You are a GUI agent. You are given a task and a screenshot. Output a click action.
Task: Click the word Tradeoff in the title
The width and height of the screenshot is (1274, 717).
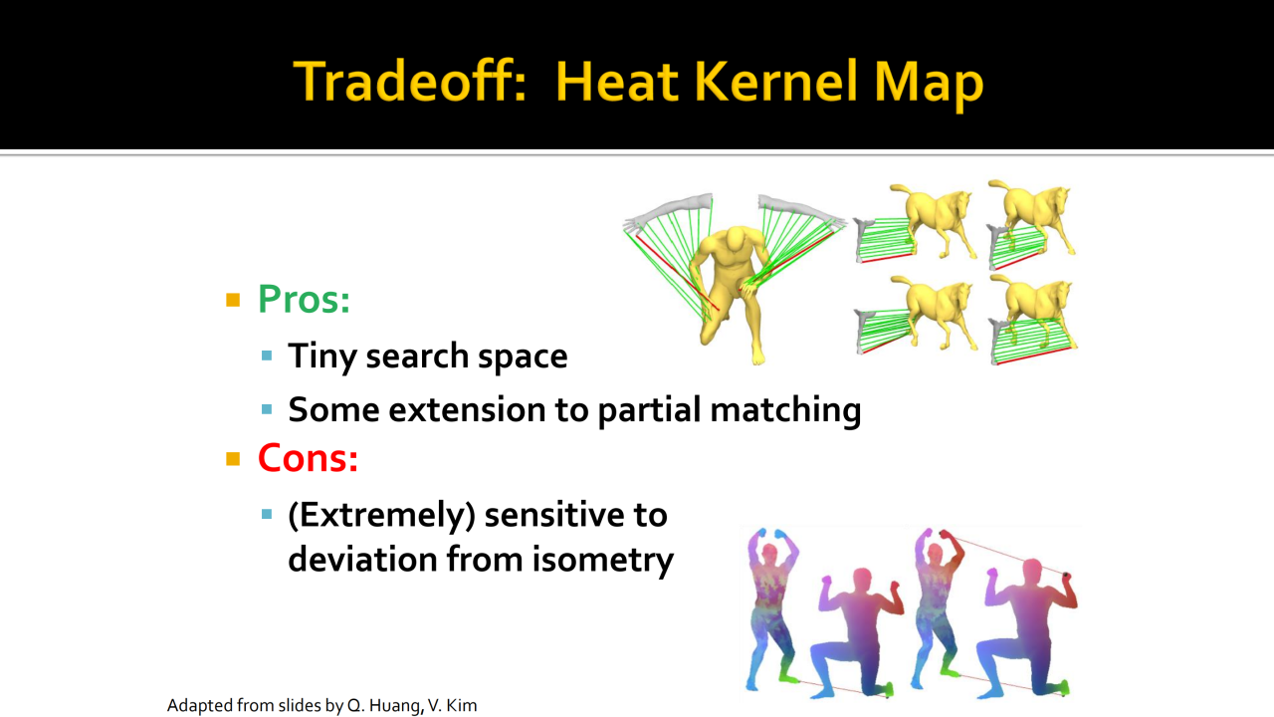[x=410, y=82]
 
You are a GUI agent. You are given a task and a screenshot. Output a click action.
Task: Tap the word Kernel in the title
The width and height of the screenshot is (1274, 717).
[x=775, y=82]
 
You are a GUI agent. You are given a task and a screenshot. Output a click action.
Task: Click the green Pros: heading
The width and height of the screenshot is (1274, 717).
[x=304, y=299]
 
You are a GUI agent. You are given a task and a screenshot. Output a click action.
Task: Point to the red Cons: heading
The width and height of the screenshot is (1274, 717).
[x=308, y=458]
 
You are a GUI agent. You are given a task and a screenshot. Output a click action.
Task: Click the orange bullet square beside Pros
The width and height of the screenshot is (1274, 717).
[x=233, y=300]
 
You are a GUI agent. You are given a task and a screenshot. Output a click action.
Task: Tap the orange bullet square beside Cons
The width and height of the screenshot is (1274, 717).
[x=233, y=459]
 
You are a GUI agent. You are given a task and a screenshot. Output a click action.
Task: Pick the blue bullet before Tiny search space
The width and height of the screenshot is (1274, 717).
[x=267, y=357]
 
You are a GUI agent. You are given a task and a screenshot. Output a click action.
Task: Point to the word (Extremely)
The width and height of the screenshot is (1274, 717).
[x=381, y=516]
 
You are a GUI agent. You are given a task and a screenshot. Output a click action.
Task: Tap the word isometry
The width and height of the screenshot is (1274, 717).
[x=603, y=560]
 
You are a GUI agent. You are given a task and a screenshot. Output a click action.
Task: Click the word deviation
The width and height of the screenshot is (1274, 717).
[x=362, y=560]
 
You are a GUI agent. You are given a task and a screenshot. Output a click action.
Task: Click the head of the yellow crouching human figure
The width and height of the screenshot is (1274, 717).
[x=736, y=238]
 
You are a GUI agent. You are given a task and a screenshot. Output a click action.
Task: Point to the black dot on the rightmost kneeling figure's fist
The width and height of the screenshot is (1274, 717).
[x=1066, y=576]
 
